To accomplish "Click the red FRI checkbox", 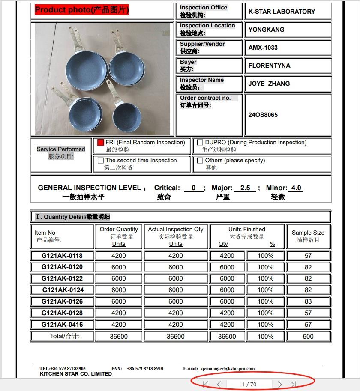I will [x=101, y=143].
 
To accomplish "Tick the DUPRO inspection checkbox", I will [x=200, y=143].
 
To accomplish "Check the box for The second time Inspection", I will [x=101, y=161].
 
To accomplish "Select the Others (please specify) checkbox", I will [x=200, y=161].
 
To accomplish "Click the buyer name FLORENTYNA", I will [x=269, y=66].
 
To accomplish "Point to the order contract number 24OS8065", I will [x=263, y=115].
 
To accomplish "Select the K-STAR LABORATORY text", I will [x=282, y=12].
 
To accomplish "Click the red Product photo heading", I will [x=81, y=10].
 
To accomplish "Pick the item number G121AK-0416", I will [x=62, y=325].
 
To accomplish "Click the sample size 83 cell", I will [x=308, y=301].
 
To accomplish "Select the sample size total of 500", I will [x=308, y=337].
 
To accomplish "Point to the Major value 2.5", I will [x=245, y=188].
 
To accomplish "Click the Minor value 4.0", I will [x=296, y=188].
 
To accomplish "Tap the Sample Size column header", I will [x=308, y=236].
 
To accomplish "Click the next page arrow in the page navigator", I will [x=280, y=384].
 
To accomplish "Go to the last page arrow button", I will [x=294, y=384].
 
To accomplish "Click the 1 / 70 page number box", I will [x=249, y=384].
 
